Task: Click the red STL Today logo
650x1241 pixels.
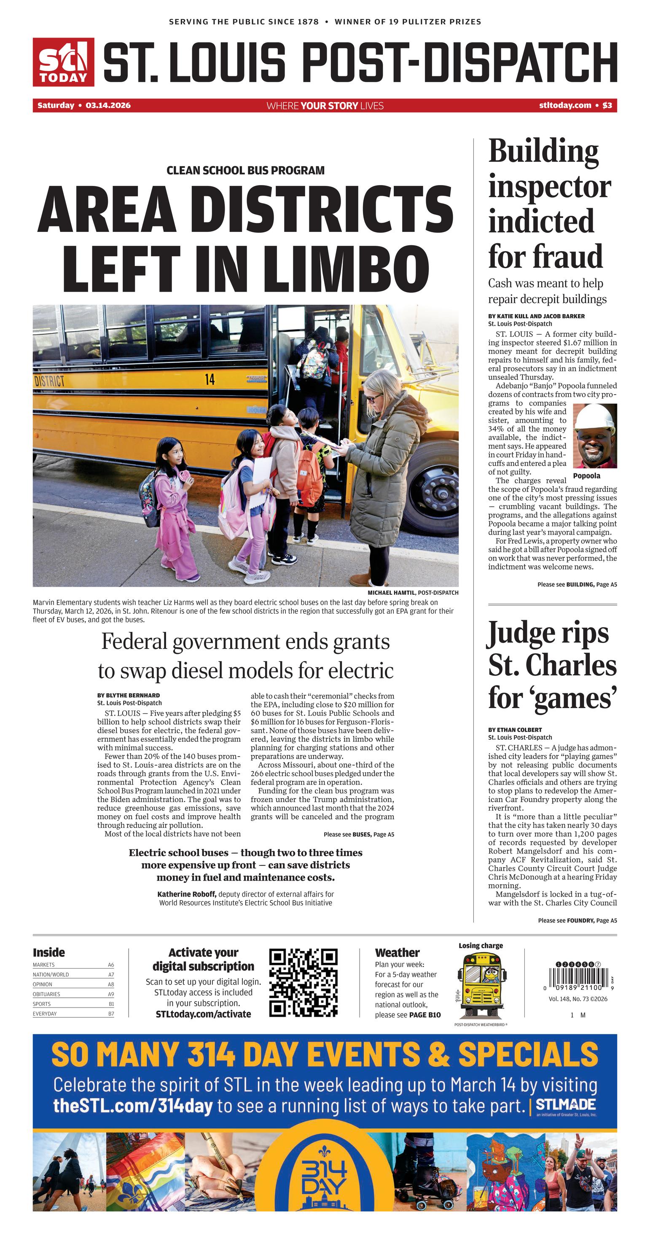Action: (63, 62)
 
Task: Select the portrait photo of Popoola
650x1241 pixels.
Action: (595, 436)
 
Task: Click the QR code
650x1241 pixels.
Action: (303, 983)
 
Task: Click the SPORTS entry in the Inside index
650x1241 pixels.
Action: (41, 1004)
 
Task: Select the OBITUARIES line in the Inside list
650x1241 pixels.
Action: (46, 994)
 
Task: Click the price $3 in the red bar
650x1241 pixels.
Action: (607, 105)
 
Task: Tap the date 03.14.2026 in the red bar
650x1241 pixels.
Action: (108, 105)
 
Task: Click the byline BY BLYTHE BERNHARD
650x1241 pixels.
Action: (129, 695)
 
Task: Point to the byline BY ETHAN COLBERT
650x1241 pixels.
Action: (515, 730)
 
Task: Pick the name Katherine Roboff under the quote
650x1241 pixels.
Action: (186, 894)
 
